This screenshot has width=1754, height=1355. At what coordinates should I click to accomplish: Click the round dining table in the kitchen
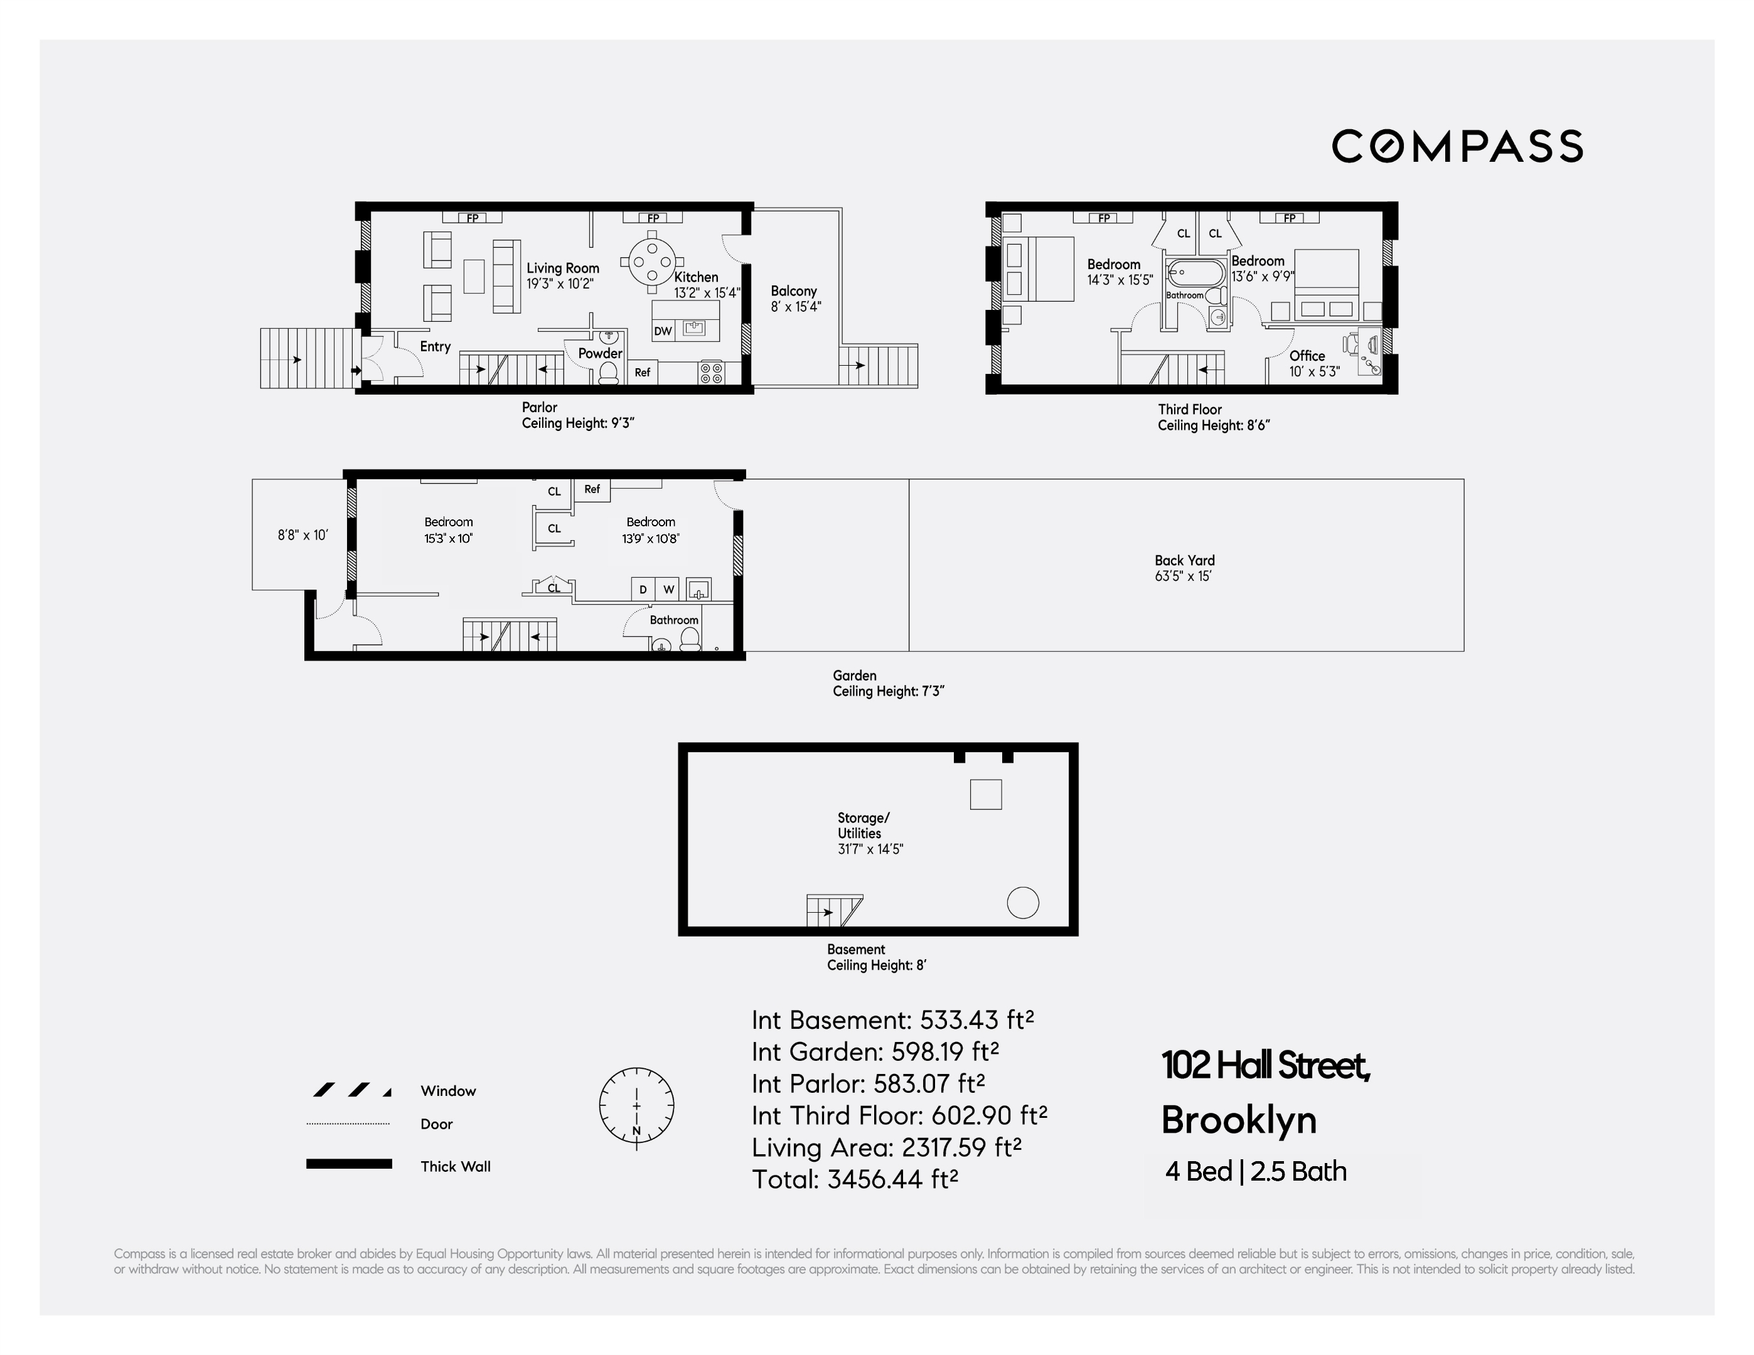coord(652,261)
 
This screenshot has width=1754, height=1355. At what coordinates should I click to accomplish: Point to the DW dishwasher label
coord(663,331)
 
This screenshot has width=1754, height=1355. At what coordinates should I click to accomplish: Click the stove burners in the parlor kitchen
coord(711,373)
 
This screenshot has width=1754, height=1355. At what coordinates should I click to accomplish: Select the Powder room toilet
coord(608,373)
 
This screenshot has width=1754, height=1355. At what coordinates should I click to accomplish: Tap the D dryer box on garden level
coord(643,589)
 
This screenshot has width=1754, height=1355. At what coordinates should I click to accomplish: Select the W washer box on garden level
coord(668,589)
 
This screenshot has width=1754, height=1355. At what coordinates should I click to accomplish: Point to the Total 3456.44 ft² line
coord(855,1178)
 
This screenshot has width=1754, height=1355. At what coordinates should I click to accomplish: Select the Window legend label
coord(448,1091)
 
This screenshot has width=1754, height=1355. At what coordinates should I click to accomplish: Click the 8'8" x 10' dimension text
coord(302,534)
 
